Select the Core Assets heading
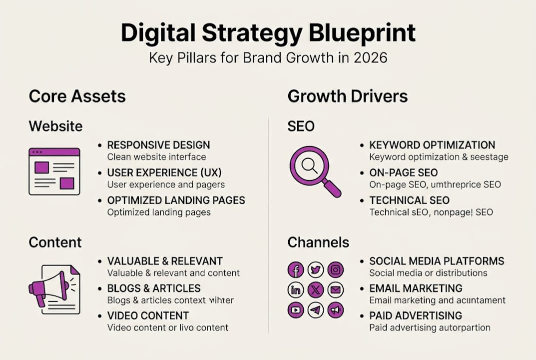point(77,96)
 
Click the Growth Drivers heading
point(348,96)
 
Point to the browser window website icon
point(54,171)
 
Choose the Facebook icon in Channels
point(296,270)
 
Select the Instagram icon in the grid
point(336,270)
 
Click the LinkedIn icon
point(296,290)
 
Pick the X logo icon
point(316,290)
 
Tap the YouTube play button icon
point(296,310)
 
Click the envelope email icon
point(336,290)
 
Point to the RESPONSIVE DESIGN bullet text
point(158,145)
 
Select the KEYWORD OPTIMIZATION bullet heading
point(432,145)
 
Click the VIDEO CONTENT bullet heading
point(148,316)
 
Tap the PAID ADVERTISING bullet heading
point(416,316)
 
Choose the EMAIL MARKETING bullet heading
point(416,288)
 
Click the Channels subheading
point(318,242)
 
